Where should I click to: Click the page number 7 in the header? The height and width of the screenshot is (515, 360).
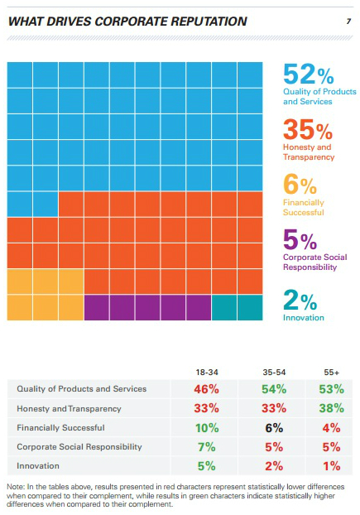348,22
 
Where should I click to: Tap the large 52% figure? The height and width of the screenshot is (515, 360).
309,75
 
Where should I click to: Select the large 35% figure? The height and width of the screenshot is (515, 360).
308,130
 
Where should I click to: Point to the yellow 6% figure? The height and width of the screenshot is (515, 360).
300,185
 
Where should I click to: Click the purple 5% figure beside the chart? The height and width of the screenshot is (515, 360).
300,240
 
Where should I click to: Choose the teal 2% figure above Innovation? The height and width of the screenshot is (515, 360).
300,300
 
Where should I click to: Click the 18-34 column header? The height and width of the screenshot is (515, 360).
207,372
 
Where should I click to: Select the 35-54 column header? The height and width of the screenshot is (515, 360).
274,372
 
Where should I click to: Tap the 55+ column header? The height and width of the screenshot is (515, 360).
332,372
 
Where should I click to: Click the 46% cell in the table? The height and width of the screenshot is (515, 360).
206,389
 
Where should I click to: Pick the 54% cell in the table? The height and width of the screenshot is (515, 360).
274,389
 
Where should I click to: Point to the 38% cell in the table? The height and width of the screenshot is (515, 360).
332,408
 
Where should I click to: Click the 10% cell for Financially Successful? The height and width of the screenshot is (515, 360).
207,427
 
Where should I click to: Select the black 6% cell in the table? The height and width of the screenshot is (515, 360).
274,427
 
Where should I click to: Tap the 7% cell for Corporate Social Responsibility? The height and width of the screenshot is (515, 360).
206,446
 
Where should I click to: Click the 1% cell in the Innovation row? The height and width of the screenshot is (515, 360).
332,465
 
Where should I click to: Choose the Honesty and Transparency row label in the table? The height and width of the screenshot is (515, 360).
69,408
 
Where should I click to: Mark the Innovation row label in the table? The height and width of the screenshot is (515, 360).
38,465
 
